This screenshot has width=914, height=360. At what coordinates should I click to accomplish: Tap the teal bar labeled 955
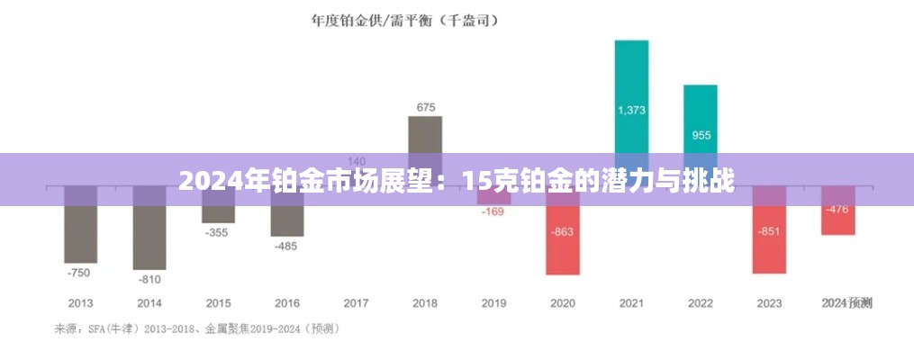click(701, 117)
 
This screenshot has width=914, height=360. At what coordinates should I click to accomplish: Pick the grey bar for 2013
click(80, 225)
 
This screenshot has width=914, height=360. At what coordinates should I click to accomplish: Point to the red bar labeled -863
click(562, 238)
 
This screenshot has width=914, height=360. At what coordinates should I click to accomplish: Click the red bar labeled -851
click(769, 238)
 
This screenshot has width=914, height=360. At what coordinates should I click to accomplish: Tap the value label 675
click(425, 108)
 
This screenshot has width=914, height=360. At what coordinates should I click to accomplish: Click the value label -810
click(149, 279)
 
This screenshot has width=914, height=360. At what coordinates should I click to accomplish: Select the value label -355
click(218, 232)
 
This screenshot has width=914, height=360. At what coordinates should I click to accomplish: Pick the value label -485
click(287, 246)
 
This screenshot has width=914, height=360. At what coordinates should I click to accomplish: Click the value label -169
click(493, 213)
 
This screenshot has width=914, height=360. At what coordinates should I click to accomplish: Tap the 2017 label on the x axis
click(356, 303)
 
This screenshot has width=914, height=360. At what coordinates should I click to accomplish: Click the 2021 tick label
click(631, 303)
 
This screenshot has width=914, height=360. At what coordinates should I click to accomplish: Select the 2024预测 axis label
click(846, 303)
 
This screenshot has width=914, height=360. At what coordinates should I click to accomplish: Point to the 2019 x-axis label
click(493, 303)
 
